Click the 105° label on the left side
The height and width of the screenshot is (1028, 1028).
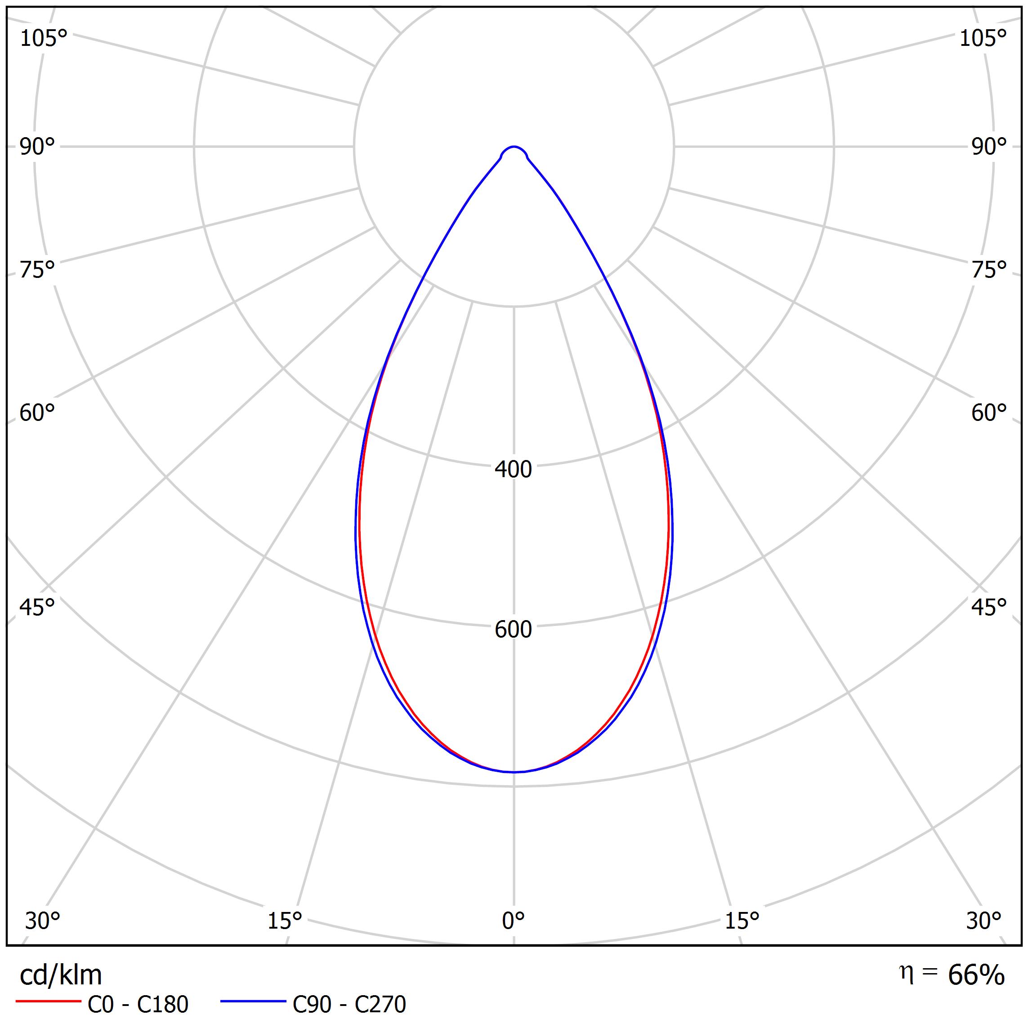pos(44,39)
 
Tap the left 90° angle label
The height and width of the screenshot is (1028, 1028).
pos(37,147)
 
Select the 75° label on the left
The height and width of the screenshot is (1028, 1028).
pos(37,270)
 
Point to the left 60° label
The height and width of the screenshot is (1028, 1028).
pos(37,413)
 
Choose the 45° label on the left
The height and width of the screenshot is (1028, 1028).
pos(37,607)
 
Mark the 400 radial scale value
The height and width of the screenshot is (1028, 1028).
pos(514,469)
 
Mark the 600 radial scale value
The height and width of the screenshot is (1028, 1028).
pos(514,630)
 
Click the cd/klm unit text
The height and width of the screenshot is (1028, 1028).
pos(61,975)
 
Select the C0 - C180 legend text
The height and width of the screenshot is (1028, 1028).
pos(138,1005)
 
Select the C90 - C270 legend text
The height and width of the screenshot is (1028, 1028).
pos(349,1005)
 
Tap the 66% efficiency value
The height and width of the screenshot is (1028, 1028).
pos(976,975)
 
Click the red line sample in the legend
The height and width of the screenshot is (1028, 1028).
pos(48,1001)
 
